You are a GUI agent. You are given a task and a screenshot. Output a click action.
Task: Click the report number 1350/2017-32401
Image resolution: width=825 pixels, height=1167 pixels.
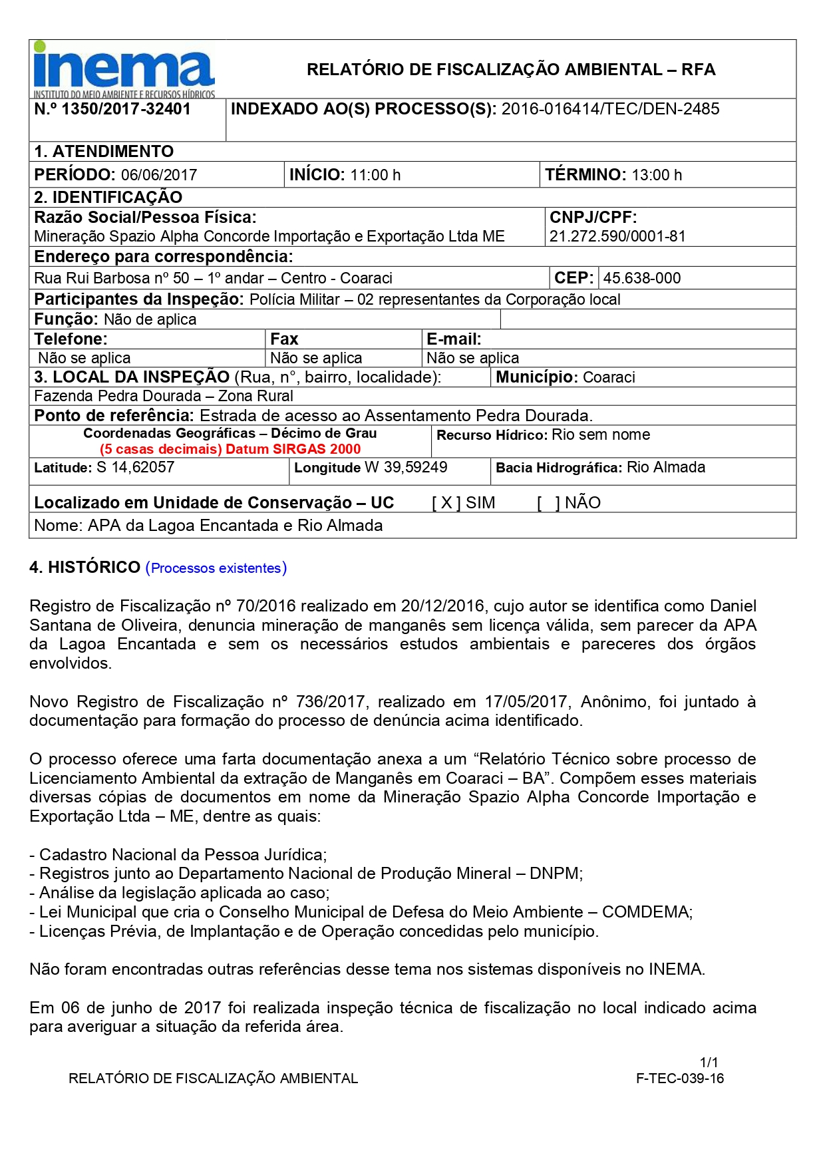click(x=126, y=109)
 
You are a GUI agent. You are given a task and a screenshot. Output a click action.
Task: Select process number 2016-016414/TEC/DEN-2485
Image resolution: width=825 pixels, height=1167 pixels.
click(x=610, y=109)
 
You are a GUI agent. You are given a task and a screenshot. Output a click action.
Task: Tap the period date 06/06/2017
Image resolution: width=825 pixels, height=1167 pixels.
click(x=159, y=175)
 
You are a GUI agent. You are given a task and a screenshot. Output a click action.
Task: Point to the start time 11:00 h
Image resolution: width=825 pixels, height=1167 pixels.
click(x=375, y=175)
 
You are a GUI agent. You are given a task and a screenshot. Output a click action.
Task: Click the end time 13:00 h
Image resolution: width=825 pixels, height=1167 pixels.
click(x=657, y=175)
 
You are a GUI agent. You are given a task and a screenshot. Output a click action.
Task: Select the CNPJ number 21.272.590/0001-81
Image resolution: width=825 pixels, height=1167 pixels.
click(x=617, y=236)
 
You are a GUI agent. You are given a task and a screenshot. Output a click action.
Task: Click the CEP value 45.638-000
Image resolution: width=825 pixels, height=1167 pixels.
click(x=641, y=278)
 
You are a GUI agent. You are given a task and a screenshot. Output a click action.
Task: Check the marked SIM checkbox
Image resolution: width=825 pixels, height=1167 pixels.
click(x=446, y=503)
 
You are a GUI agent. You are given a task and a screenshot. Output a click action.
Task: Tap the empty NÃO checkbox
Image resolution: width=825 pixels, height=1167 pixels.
click(x=549, y=503)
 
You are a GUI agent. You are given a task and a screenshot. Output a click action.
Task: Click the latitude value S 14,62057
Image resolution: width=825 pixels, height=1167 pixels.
click(x=135, y=467)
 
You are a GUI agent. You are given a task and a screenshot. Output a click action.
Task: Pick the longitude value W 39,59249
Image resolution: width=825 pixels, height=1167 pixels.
click(x=406, y=467)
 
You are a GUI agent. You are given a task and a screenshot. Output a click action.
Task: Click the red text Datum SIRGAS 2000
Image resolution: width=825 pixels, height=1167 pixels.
click(x=293, y=449)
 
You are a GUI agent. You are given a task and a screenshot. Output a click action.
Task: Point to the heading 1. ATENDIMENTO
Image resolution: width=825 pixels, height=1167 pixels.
click(x=104, y=152)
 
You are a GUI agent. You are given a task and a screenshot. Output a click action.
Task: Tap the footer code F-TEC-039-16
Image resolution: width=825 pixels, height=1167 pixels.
click(x=679, y=1079)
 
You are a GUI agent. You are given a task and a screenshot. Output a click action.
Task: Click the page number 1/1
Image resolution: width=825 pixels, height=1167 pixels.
click(x=709, y=1062)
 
